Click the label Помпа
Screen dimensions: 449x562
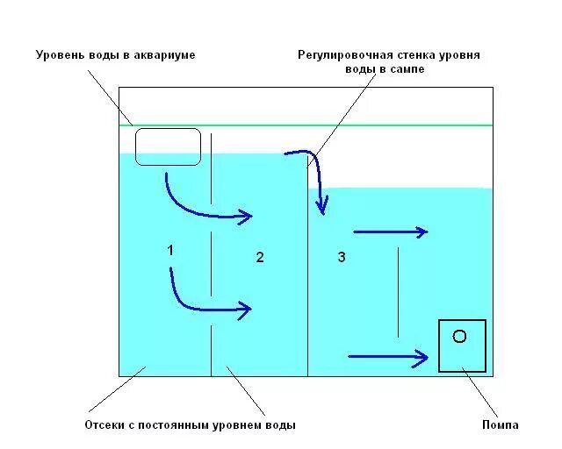click(x=501, y=425)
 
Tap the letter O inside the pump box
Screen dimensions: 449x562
click(x=458, y=336)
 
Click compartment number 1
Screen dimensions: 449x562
click(x=170, y=251)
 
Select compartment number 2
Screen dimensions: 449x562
click(x=259, y=257)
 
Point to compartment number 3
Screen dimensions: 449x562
click(x=342, y=257)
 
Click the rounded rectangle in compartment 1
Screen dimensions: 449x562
click(x=168, y=146)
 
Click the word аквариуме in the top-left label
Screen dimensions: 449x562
click(x=163, y=55)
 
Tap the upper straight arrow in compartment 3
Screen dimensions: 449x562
click(x=390, y=232)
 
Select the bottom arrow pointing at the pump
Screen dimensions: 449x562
click(x=387, y=356)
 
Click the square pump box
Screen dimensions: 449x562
click(x=462, y=346)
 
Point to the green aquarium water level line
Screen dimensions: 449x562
click(x=351, y=125)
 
